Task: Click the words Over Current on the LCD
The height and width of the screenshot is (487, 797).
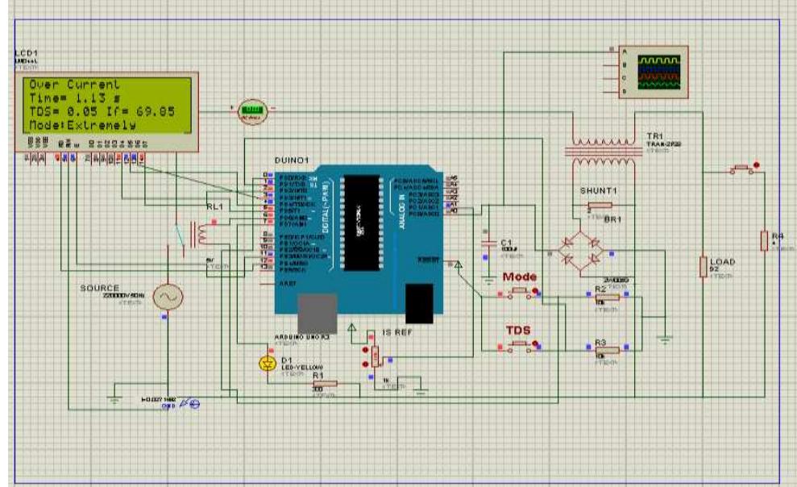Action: pos(75,85)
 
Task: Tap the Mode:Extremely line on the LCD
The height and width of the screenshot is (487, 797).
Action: pos(81,125)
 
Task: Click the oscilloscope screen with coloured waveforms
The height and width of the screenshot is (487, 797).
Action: pos(658,72)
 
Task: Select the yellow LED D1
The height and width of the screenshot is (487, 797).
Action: pos(268,364)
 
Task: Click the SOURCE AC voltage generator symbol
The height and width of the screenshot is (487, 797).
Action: pos(168,298)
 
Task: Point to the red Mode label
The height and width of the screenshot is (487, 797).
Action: pos(520,277)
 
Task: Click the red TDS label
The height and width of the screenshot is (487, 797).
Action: pos(518,331)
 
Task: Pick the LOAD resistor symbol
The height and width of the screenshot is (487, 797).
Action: pos(704,267)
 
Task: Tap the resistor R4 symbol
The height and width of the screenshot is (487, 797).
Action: pos(763,240)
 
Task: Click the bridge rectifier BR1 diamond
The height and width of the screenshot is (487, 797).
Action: pos(581,252)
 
